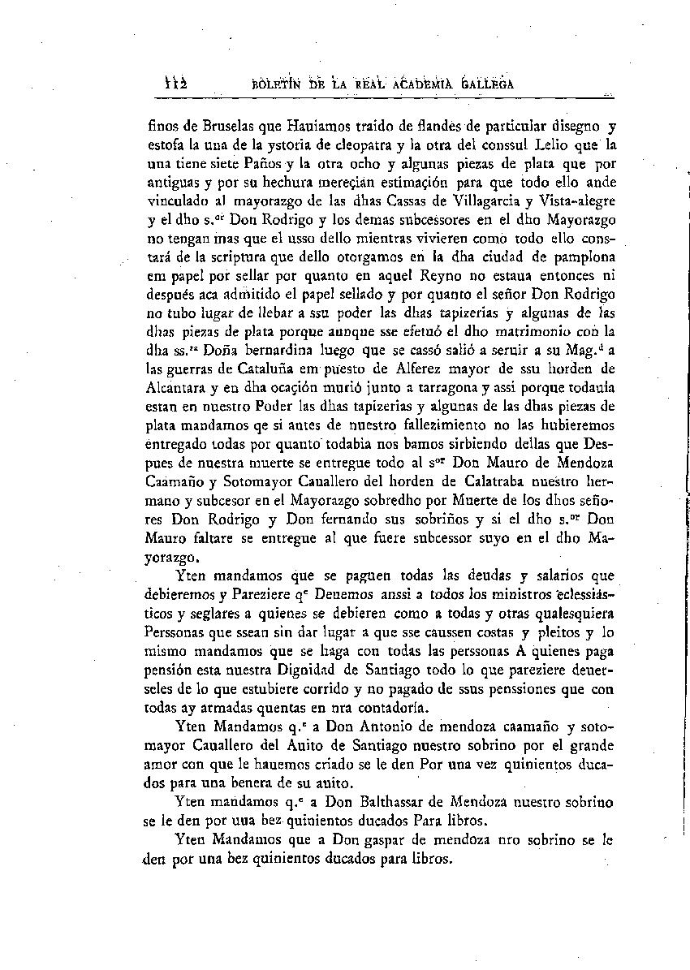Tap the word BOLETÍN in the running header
(279, 84)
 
